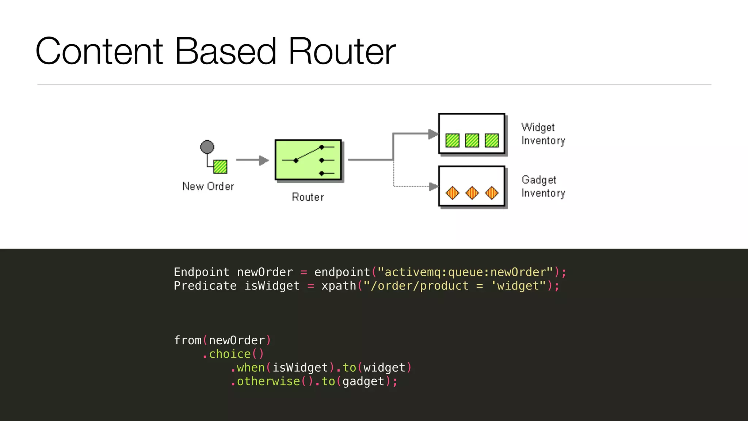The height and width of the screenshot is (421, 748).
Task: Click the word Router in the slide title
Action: pos(342,52)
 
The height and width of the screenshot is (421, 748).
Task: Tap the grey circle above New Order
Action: pos(207,147)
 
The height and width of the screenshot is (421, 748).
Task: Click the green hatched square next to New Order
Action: pos(220,167)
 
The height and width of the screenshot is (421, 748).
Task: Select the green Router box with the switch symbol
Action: pos(308,160)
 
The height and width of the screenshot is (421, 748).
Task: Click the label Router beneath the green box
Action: pos(308,197)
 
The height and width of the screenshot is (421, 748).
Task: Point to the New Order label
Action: pos(208,186)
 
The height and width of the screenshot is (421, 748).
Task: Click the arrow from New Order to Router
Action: pos(252,160)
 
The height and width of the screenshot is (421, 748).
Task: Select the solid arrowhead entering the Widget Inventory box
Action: pos(433,134)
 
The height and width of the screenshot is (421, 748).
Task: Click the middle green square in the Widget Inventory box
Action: pos(472,140)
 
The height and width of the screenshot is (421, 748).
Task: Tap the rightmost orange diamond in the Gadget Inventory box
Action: pos(492,193)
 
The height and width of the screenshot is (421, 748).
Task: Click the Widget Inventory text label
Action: pos(543,134)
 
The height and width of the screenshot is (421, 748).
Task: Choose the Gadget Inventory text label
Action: pos(543,186)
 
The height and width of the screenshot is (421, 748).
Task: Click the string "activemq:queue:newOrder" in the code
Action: pos(465,272)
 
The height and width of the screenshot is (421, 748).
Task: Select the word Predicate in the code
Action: pos(205,286)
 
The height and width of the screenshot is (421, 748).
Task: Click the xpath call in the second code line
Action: pos(339,286)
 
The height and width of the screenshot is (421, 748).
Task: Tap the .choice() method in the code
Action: pos(233,354)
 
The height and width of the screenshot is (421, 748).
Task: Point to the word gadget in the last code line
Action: pos(363,381)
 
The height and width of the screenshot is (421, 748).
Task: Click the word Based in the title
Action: pos(225,52)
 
